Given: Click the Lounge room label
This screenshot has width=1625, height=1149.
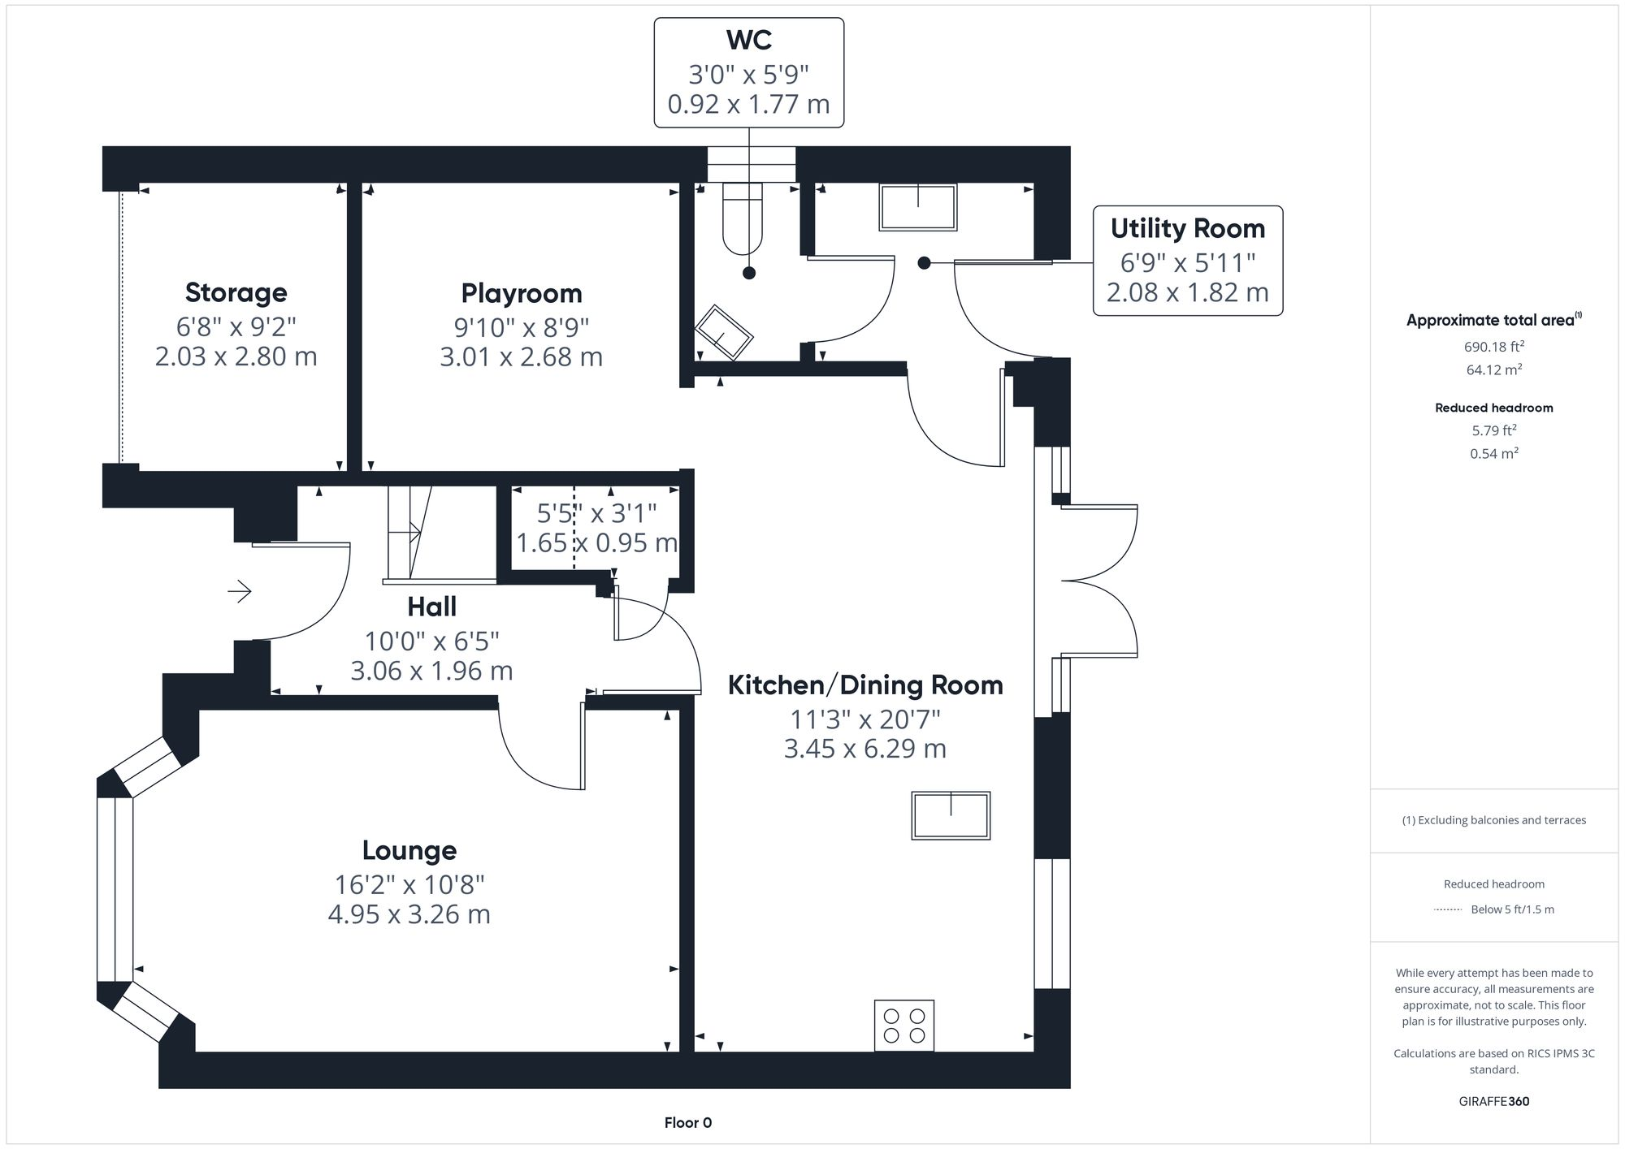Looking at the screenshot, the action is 409,850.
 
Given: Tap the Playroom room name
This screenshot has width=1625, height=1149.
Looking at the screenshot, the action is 522,293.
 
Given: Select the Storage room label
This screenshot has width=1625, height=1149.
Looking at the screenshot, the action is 236,292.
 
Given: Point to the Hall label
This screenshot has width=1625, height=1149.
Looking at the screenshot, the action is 431,607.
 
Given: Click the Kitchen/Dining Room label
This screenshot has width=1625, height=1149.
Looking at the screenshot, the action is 865,685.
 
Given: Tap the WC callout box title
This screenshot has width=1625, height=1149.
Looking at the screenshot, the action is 749,39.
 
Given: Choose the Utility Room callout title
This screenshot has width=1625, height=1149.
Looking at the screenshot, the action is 1188,228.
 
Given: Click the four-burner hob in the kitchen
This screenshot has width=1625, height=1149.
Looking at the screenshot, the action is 904,1026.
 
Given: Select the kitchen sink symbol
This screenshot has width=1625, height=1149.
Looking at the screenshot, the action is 951,815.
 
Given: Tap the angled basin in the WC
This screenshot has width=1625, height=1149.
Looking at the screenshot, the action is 723,332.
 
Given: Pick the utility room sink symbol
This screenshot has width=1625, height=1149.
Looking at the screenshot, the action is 918,207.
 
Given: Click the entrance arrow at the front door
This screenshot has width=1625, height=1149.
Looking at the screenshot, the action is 239,591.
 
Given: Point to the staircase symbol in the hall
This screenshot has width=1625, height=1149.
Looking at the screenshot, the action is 409,533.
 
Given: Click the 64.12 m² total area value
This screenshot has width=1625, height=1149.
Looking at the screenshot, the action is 1494,369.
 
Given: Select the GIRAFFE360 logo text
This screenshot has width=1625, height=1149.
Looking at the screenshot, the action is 1494,1102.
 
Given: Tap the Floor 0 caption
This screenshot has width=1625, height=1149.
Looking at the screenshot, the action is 688,1123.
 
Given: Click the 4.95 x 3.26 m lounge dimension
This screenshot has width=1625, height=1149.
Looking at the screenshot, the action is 409,914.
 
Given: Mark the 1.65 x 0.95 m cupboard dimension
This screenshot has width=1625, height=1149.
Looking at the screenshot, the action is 597,542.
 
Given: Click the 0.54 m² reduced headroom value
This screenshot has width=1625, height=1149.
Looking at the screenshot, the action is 1494,453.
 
